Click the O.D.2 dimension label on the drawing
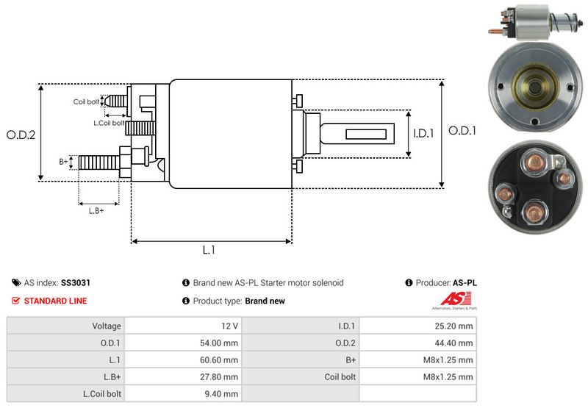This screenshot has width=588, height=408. coord(21,135)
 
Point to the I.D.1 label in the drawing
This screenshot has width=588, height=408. coord(424,134)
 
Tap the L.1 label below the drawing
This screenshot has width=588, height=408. coord(209,250)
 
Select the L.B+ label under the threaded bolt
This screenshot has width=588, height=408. coord(96,211)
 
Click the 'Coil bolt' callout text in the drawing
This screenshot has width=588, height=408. coord(85,102)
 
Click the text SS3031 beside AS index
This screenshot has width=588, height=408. coord(76,282)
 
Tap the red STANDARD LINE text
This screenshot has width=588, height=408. coord(55,301)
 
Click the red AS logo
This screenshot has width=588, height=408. coord(449,299)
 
